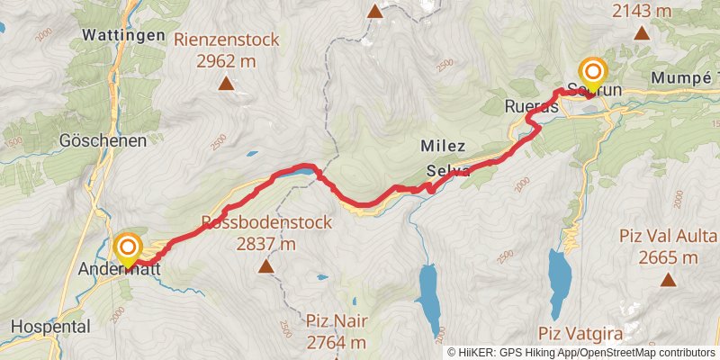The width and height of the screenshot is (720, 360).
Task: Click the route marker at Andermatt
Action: point(129,247)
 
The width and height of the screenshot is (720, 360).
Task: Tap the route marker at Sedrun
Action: point(594,71)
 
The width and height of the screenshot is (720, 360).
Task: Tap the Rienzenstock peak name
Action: point(228,40)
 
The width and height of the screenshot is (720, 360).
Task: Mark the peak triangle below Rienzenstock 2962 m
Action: point(226,85)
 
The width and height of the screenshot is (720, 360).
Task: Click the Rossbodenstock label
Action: point(266,222)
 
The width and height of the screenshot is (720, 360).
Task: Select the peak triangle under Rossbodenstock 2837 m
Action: point(266,266)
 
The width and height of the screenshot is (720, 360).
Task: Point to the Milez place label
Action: point(442,146)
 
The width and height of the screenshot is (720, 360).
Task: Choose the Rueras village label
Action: point(527,106)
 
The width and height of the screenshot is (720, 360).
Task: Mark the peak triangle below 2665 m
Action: point(668,280)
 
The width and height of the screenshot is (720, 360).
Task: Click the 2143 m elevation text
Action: point(642,11)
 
